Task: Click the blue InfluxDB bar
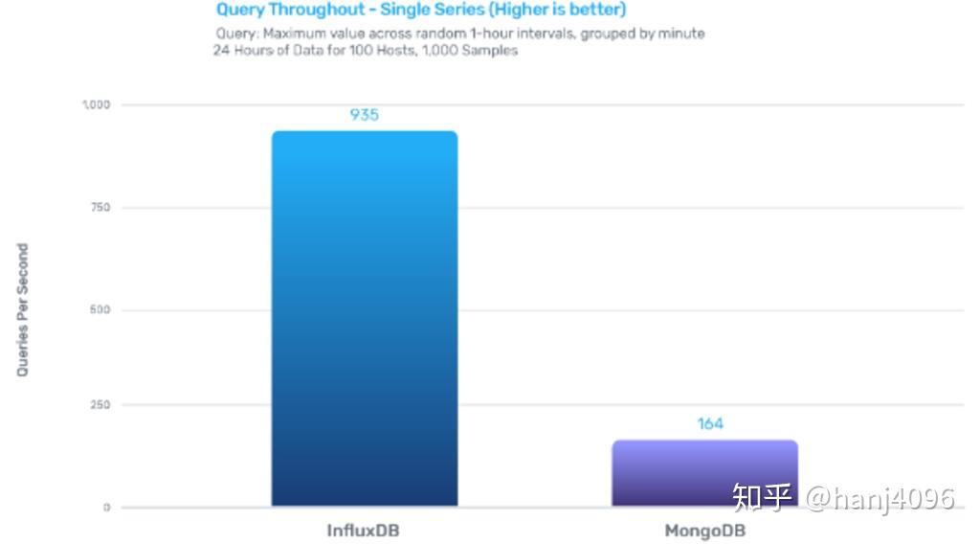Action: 364,318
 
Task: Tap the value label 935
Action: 364,115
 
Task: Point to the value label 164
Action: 710,423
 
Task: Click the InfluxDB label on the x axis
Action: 364,530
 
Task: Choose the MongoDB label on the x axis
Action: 704,530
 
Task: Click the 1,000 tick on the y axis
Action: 96,104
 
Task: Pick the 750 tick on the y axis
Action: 100,208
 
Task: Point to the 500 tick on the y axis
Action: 100,310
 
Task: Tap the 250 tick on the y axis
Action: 100,405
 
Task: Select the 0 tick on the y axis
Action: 106,508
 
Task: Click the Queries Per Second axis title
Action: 23,309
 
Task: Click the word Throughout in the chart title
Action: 315,11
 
